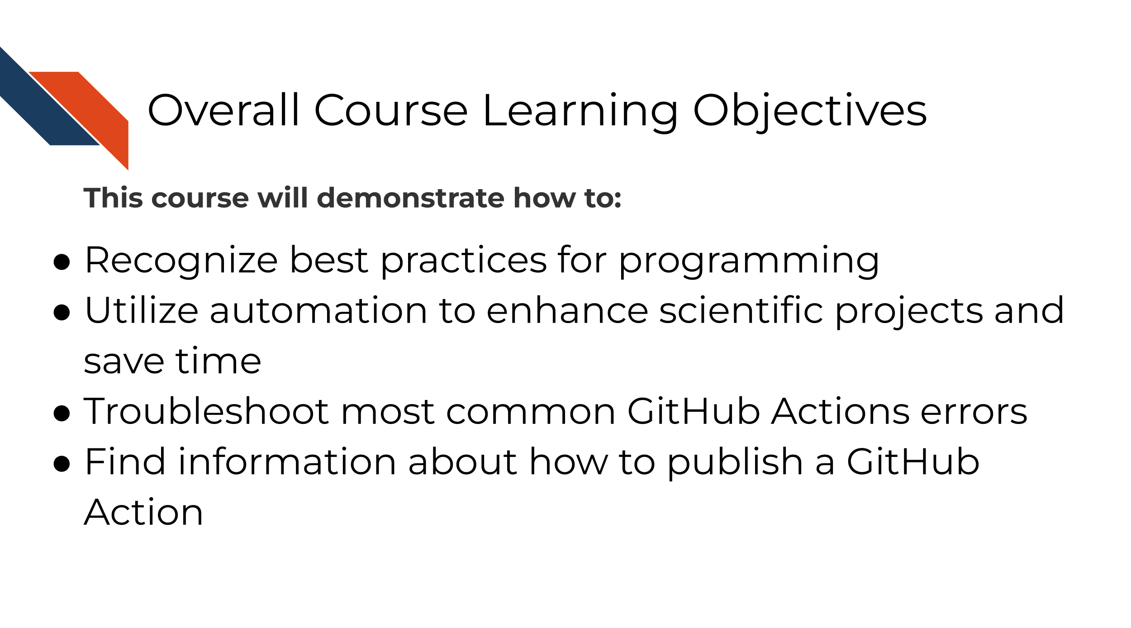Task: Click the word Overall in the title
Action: (x=223, y=110)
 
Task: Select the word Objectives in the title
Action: (x=810, y=112)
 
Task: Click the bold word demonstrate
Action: (x=410, y=198)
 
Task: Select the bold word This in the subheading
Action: (x=113, y=198)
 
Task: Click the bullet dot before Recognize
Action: (x=62, y=262)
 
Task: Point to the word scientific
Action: (x=741, y=310)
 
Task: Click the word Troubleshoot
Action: (x=206, y=411)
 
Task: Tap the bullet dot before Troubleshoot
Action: (x=62, y=413)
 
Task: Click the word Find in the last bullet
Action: (x=125, y=461)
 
